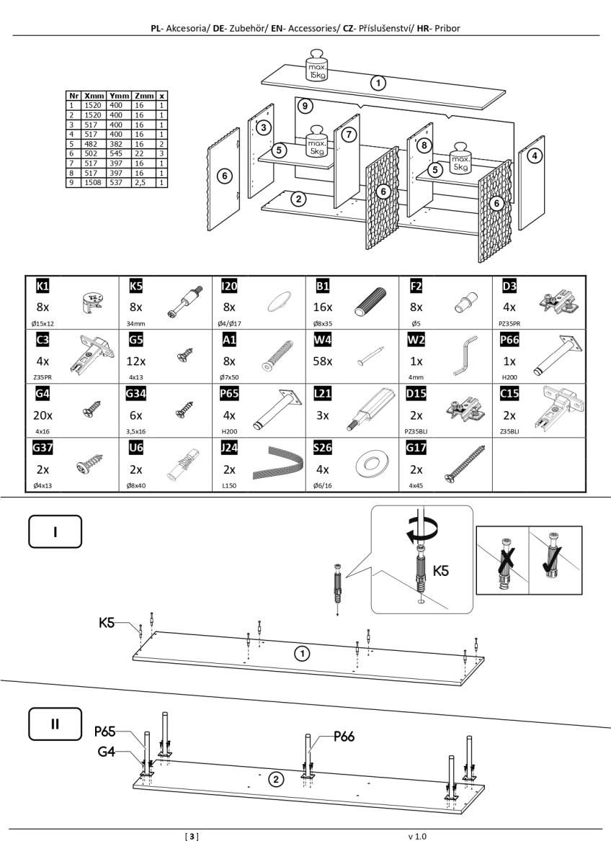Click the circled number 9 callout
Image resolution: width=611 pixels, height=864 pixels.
pos(305,106)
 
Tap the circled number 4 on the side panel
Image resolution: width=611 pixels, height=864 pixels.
pos(534,156)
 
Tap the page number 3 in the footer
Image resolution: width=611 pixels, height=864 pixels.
pos(192,837)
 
